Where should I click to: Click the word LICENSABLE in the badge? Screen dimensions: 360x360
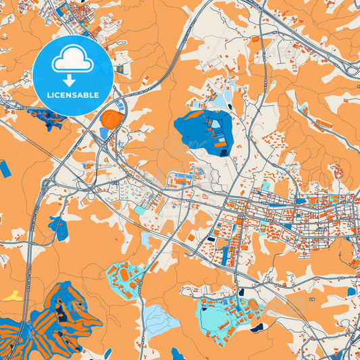pyautogui.click(x=72, y=95)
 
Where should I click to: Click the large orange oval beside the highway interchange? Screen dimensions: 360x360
pyautogui.click(x=111, y=120)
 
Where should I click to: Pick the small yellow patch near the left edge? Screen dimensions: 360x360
pyautogui.click(x=12, y=296)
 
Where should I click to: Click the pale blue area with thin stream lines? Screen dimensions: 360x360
pyautogui.click(x=161, y=316)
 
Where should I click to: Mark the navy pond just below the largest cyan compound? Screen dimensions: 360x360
pyautogui.click(x=257, y=329)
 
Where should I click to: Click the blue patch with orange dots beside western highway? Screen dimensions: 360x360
pyautogui.click(x=58, y=228)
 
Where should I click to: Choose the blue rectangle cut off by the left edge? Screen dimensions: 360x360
pyautogui.click(x=5, y=169)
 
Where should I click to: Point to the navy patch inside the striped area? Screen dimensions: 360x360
pyautogui.click(x=62, y=310)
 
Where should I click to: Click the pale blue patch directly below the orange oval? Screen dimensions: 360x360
pyautogui.click(x=105, y=133)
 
